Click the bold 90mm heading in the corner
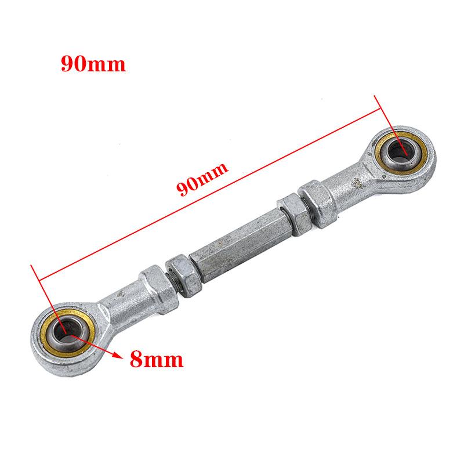pos(93,63)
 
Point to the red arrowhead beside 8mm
pos(119,356)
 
